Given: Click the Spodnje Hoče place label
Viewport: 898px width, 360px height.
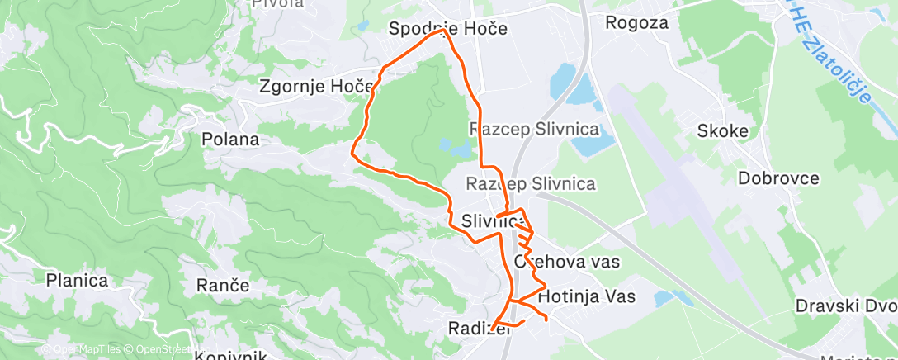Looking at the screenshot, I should point(447,29).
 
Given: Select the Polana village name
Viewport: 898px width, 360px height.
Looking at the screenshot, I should point(230,139).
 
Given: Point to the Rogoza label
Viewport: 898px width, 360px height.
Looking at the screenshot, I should point(636,22).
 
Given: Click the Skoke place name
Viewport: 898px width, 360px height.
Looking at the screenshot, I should point(722,131).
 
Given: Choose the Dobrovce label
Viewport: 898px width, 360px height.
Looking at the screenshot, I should point(778,178).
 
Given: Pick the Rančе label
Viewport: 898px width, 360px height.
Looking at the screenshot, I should point(223,286).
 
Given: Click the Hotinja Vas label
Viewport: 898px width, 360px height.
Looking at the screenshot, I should point(586,296).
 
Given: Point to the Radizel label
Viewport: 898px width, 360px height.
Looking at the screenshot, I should point(475,328).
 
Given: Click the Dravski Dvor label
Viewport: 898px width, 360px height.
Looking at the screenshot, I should point(845,306).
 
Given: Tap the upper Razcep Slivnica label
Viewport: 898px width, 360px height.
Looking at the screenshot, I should point(534,130).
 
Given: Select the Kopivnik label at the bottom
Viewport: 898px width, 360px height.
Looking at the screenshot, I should point(230,355).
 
